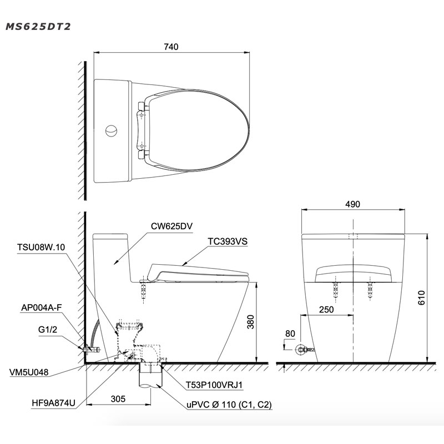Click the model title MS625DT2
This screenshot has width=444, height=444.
(38, 27)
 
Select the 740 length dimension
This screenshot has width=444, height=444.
(171, 47)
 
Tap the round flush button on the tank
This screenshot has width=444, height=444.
(111, 130)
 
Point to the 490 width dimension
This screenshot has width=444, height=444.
(352, 204)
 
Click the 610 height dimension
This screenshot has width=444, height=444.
(421, 297)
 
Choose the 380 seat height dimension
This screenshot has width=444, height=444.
(251, 322)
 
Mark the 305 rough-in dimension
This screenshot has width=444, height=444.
(118, 398)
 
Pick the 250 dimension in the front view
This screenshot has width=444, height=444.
(326, 310)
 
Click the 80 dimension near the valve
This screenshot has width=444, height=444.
(290, 334)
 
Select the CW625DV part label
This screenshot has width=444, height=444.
(171, 226)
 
